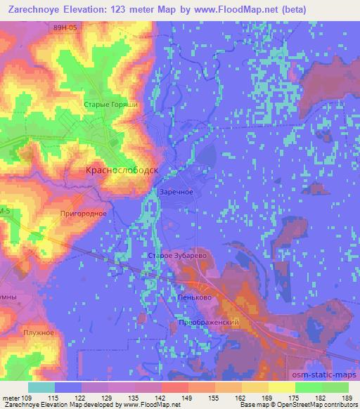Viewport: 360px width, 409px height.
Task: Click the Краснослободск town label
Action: coord(121,170)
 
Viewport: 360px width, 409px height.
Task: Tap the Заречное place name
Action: coord(175,192)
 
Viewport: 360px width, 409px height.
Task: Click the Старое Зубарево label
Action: coord(176,257)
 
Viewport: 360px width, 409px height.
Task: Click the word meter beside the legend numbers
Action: coord(11,397)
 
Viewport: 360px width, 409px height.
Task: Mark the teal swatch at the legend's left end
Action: coord(41,387)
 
